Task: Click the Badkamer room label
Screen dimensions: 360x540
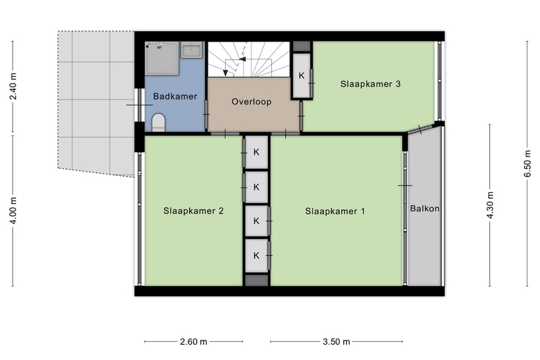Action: point(175,96)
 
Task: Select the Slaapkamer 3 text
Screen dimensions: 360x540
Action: point(370,84)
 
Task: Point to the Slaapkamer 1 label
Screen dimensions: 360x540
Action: point(335,211)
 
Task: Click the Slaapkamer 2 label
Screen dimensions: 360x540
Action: point(193,211)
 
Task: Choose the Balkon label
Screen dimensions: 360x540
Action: point(424,208)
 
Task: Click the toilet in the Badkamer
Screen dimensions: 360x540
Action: point(159,123)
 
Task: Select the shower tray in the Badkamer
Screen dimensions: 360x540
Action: point(161,57)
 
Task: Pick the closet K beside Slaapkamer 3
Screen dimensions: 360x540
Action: point(302,75)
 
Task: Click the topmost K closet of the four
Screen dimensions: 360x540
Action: point(256,152)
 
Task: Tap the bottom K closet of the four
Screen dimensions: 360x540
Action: point(256,255)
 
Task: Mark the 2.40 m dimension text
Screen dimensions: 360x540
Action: point(13,87)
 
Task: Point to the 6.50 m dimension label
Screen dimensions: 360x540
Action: point(528,164)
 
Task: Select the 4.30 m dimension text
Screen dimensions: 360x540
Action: point(491,204)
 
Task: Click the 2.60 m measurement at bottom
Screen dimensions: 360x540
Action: point(193,341)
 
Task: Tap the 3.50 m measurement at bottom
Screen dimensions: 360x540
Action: point(336,341)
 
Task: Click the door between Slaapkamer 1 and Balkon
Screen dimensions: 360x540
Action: point(405,186)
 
